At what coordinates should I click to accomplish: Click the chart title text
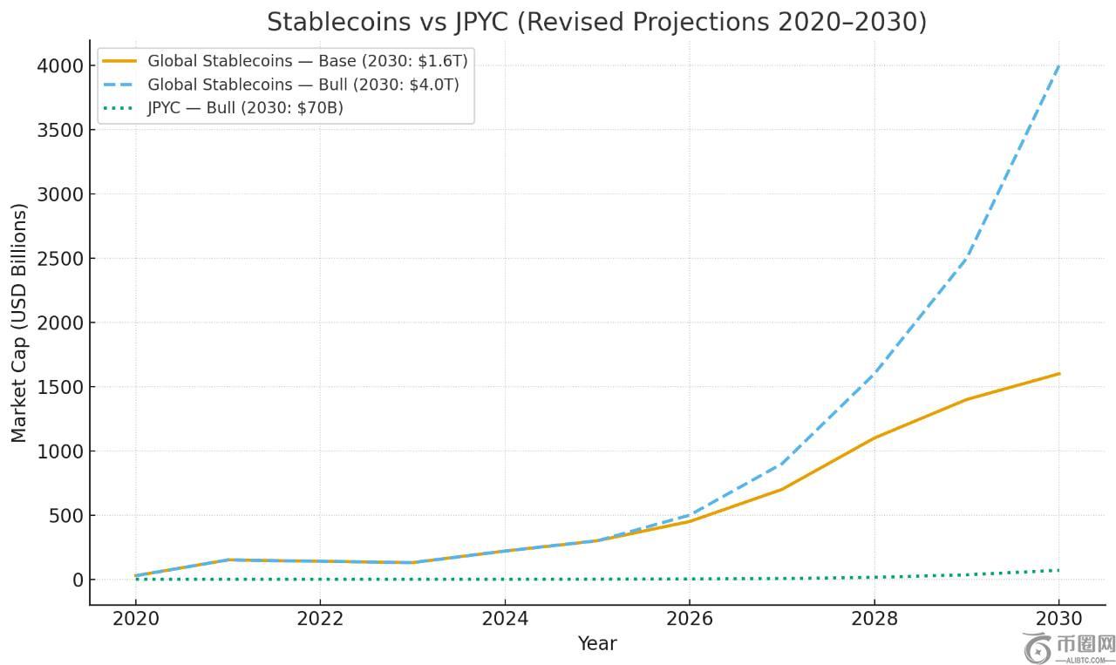coord(596,22)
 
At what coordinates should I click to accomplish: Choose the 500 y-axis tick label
coord(65,515)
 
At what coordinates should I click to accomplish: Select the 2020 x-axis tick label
coord(135,619)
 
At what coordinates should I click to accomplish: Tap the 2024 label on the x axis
coord(505,619)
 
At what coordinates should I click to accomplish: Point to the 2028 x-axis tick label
coord(874,619)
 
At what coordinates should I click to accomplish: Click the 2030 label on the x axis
coord(1058,619)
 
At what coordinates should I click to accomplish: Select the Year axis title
coord(597,644)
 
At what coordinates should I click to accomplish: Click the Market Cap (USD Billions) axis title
coord(19,322)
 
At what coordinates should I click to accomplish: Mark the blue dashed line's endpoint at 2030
coord(1058,66)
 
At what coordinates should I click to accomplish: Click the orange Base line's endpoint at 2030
coord(1058,374)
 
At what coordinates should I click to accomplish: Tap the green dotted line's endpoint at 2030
coord(1058,571)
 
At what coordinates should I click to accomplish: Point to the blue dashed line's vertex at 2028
coord(874,374)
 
